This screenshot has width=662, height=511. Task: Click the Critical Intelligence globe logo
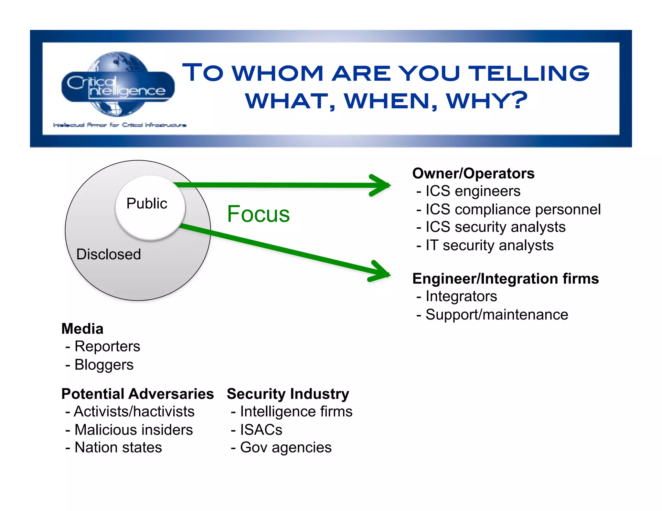[118, 85]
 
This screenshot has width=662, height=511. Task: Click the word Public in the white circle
[147, 203]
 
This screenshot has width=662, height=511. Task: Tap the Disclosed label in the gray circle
[109, 254]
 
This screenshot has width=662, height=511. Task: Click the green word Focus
[258, 214]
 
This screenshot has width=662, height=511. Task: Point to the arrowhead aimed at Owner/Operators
[381, 185]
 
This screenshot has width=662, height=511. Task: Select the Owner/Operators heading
[473, 173]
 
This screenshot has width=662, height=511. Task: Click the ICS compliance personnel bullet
[513, 209]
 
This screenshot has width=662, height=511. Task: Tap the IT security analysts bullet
[489, 245]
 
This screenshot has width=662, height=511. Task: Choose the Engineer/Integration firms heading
[506, 278]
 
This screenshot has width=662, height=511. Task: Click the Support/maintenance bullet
[496, 315]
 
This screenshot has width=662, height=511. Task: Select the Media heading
[82, 329]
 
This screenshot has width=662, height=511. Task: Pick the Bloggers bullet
[104, 365]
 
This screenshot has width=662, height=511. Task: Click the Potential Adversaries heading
[138, 394]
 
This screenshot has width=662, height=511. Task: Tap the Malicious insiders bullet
[133, 430]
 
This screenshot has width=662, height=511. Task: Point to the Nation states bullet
[118, 448]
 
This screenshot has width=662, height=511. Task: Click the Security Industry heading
[288, 394]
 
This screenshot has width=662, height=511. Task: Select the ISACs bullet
[261, 430]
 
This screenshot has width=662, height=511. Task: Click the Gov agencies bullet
[285, 448]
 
